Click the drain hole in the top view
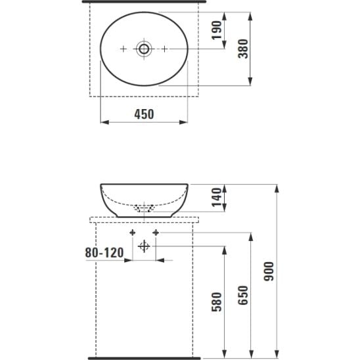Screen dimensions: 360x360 tap(144, 49)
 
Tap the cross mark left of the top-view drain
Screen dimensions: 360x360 tap(124, 49)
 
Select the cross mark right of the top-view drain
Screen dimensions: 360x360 tap(164, 49)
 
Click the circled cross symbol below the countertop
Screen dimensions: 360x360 tap(145, 246)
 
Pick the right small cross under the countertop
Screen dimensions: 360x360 tap(156, 233)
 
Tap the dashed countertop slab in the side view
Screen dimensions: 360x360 tap(144, 219)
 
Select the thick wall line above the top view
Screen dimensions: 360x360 tap(144, 2)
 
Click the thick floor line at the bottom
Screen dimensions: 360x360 tap(144, 357)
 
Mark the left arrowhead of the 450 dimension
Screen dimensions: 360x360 tap(102, 122)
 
